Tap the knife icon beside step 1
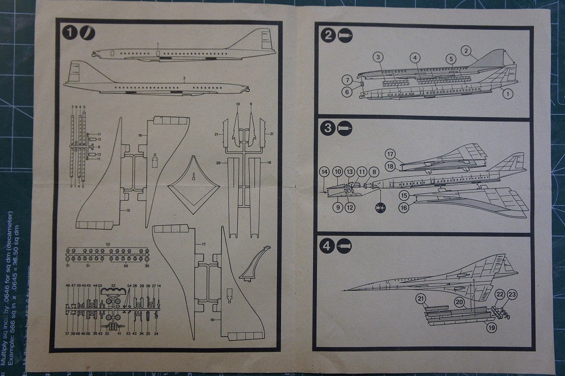(x=87, y=33)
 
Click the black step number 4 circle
(x=327, y=246)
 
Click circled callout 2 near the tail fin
(x=467, y=50)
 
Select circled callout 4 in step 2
(x=415, y=58)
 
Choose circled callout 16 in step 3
(x=404, y=208)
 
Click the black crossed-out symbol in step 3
(x=380, y=208)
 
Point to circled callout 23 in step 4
(x=512, y=295)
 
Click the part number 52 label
(x=108, y=245)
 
